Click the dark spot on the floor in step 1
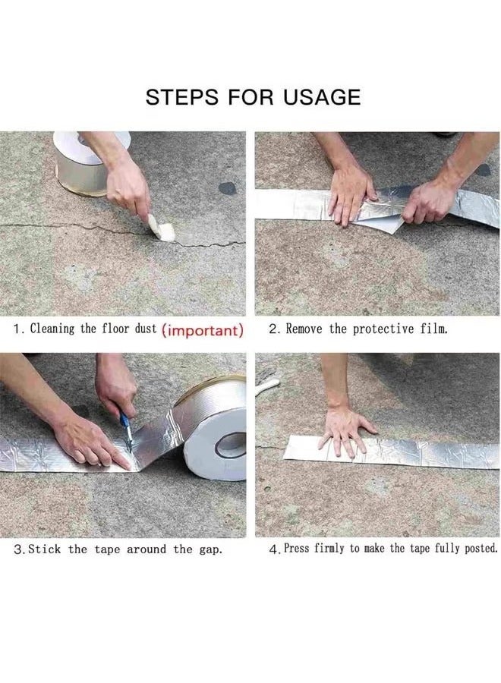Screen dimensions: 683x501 tap(228, 187)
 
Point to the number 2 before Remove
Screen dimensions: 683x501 tap(273, 330)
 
